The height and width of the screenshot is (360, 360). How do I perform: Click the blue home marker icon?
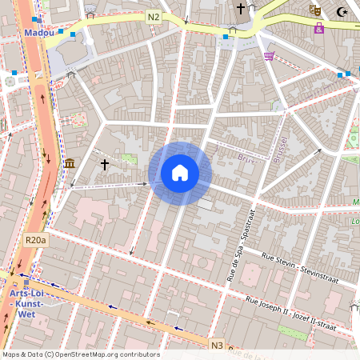(180, 173)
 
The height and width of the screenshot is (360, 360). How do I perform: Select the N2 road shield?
(153, 15)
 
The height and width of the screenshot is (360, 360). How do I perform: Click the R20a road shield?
(36, 239)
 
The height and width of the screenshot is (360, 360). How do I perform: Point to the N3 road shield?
(217, 346)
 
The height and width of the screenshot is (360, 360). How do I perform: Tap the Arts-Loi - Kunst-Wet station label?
(26, 305)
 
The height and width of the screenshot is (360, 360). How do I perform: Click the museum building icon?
(70, 164)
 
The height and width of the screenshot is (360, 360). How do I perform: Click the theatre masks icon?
(316, 10)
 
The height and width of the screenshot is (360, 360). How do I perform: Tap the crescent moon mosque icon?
(343, 11)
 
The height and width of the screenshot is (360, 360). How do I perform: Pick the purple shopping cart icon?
(269, 56)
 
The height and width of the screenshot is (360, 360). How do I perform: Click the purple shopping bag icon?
(319, 29)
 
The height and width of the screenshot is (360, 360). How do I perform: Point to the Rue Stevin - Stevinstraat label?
(300, 267)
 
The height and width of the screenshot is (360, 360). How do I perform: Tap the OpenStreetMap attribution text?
(81, 354)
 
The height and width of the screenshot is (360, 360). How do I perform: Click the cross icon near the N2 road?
(240, 9)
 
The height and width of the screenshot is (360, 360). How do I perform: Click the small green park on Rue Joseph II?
(291, 330)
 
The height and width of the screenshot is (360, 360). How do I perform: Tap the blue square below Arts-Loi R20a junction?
(26, 282)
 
